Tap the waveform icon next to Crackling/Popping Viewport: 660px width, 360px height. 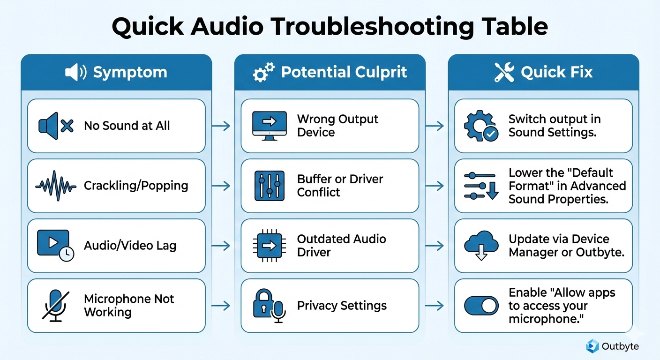point(56,186)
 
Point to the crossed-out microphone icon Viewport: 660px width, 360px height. point(56,305)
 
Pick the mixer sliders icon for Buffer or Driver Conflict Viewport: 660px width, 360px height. point(269,186)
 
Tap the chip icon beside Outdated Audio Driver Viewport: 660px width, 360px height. point(269,245)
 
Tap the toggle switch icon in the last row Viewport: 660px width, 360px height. point(481,306)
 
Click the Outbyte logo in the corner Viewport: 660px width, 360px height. point(592,346)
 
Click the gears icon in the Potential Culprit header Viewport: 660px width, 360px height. point(263,73)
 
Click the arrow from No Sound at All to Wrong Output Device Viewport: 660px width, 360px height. point(221,126)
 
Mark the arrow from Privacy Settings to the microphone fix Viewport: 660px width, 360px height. point(435,306)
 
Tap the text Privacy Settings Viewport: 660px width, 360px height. point(342,306)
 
